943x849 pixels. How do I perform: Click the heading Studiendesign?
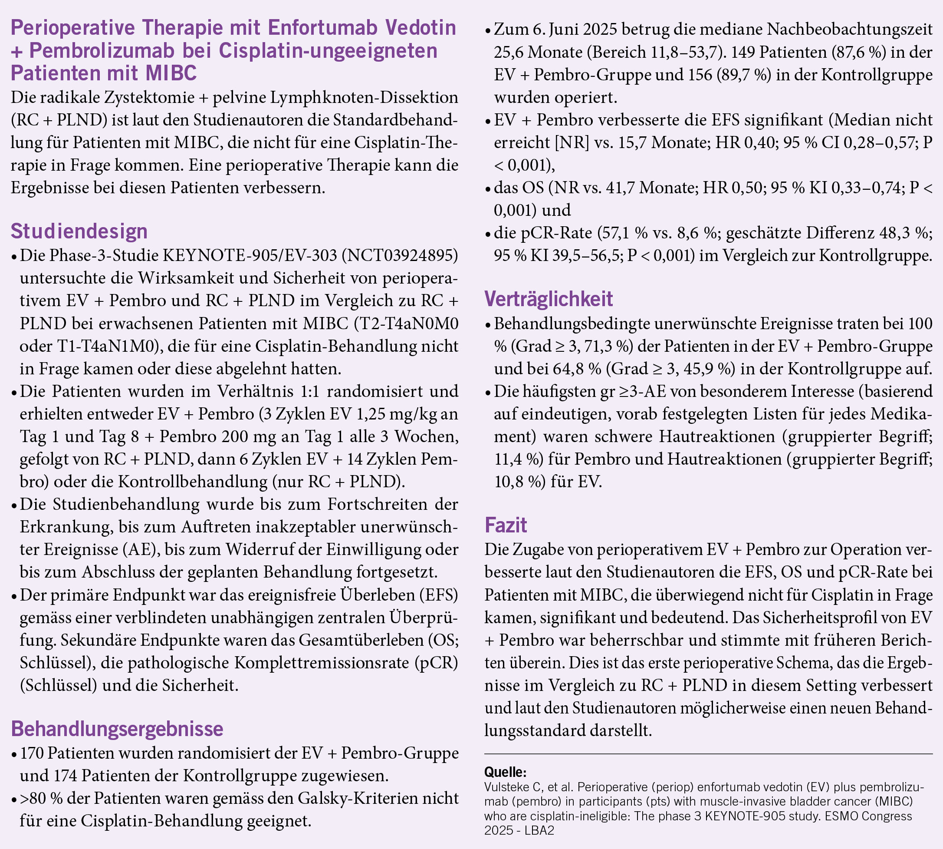(79, 231)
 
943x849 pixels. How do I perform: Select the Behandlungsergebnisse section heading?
(117, 729)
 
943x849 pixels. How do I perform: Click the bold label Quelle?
(505, 772)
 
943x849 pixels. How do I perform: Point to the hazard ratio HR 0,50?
(731, 188)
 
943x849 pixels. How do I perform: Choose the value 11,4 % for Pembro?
(518, 459)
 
